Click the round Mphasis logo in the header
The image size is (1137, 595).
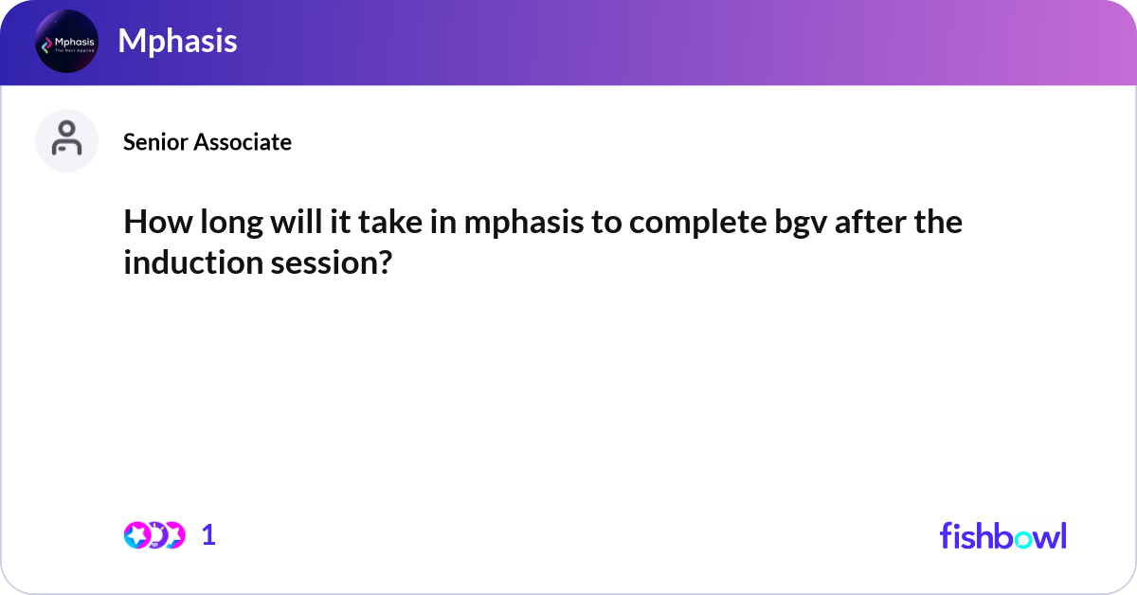[66, 42]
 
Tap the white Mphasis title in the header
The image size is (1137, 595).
[177, 41]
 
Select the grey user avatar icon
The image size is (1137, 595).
[66, 140]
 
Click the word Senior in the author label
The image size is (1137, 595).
[156, 142]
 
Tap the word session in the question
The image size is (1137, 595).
[317, 262]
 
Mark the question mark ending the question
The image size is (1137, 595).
[383, 262]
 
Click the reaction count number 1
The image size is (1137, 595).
[208, 535]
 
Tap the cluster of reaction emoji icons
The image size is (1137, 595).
[153, 535]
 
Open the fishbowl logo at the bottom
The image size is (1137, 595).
[1002, 535]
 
